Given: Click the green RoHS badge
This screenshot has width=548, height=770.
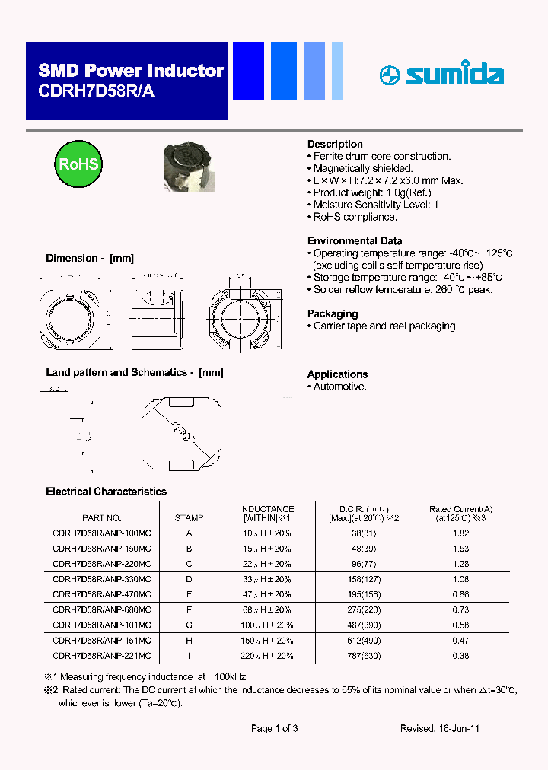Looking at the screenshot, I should [x=78, y=164].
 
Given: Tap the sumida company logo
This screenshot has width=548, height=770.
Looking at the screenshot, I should [x=441, y=75].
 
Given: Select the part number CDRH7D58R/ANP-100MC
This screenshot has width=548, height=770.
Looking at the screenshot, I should [x=101, y=533].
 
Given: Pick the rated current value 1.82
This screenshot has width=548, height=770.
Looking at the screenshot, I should [x=460, y=533].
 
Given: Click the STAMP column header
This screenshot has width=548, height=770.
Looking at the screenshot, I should [x=189, y=518].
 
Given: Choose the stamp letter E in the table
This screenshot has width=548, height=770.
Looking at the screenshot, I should [x=189, y=594].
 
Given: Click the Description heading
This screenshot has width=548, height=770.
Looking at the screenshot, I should [x=335, y=144].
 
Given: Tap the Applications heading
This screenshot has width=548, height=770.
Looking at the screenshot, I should [x=337, y=374].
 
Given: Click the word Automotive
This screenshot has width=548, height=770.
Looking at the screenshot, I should [x=340, y=387].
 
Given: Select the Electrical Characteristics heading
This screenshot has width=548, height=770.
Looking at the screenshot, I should [x=106, y=492].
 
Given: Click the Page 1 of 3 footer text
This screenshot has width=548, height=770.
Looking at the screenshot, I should [x=274, y=728].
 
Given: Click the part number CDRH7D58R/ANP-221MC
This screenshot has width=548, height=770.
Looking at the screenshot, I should [x=101, y=656].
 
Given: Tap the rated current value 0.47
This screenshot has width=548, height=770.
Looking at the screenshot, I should [x=460, y=641].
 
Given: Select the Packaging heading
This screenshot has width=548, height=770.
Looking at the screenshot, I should [x=332, y=313].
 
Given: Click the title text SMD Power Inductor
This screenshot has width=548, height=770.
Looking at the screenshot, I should [x=131, y=72].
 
